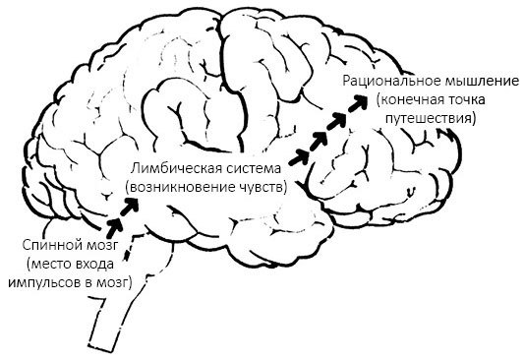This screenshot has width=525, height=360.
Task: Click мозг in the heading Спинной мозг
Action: click(99, 244)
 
